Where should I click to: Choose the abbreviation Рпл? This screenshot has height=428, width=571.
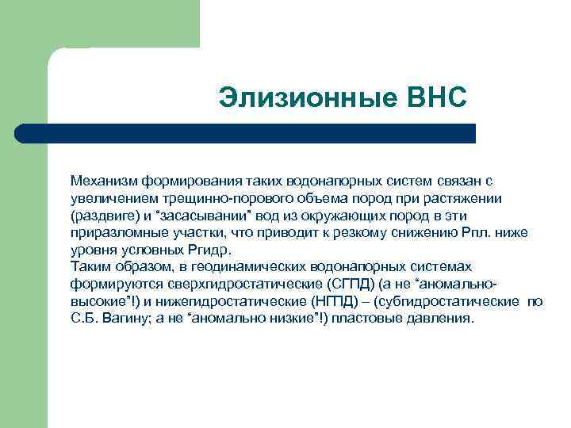(479, 232)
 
